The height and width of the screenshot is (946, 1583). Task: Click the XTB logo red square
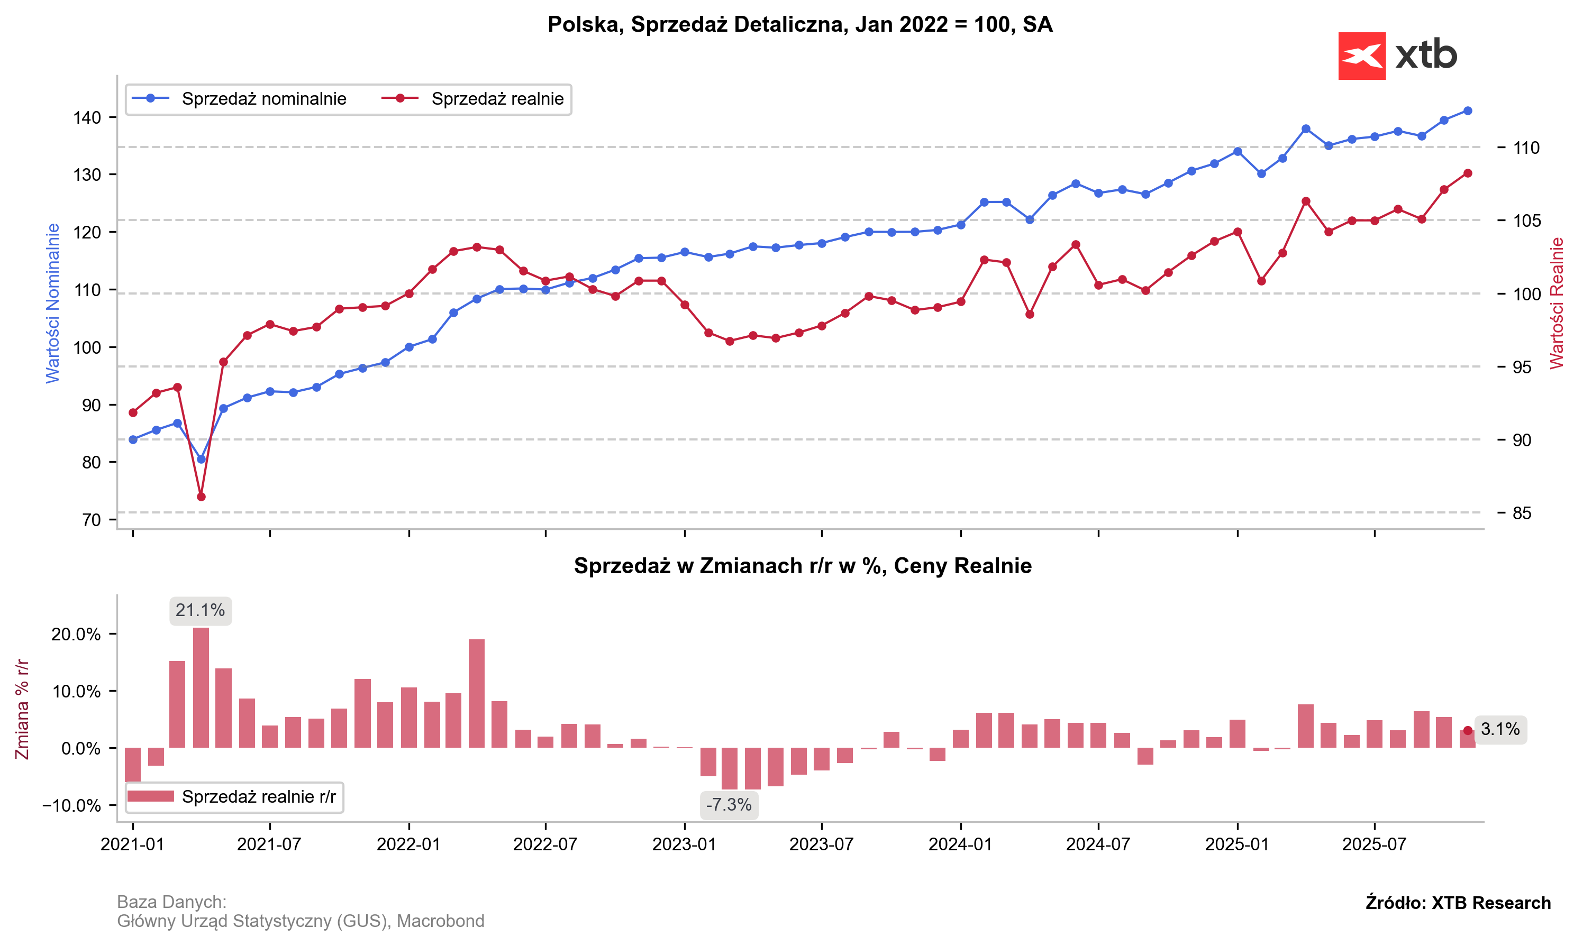pyautogui.click(x=1361, y=56)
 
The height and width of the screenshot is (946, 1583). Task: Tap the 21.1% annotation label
pyautogui.click(x=201, y=611)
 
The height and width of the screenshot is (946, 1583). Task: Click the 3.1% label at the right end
pyautogui.click(x=1500, y=729)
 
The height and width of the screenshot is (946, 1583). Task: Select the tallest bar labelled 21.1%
pyautogui.click(x=201, y=687)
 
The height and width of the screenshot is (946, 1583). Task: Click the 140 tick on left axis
pyautogui.click(x=87, y=117)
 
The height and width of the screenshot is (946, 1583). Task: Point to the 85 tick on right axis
pyautogui.click(x=1522, y=513)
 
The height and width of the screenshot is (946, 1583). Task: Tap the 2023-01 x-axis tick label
pyautogui.click(x=684, y=844)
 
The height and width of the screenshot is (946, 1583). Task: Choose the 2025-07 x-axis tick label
pyautogui.click(x=1375, y=844)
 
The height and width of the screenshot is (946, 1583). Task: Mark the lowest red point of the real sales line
pyautogui.click(x=201, y=497)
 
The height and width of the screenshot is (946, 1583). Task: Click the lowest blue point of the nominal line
pyautogui.click(x=201, y=459)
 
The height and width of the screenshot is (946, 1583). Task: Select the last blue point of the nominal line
pyautogui.click(x=1468, y=111)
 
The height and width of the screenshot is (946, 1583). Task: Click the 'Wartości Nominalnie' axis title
pyautogui.click(x=52, y=303)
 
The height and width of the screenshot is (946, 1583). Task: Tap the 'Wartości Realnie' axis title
pyautogui.click(x=1557, y=303)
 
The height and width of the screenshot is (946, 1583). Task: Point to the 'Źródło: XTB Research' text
pyautogui.click(x=1458, y=903)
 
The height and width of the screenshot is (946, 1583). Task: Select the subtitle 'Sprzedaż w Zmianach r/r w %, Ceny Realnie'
pyautogui.click(x=802, y=566)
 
